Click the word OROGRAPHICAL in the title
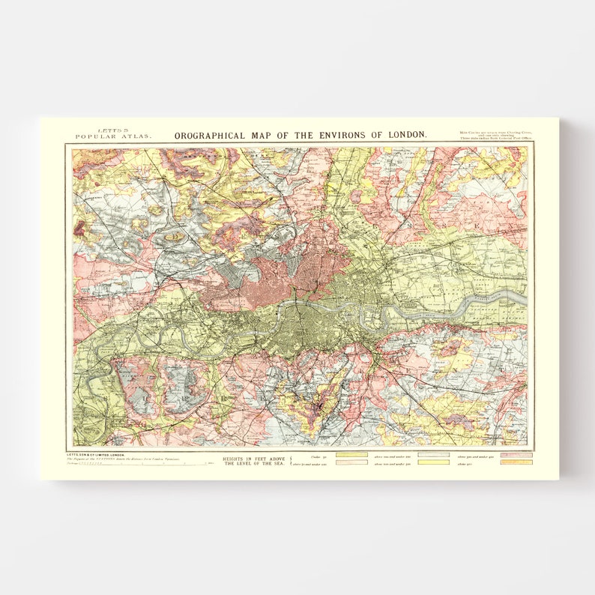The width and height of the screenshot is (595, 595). click(x=210, y=136)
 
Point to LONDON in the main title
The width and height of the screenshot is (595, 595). click(x=408, y=136)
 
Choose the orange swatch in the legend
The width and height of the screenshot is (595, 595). click(x=516, y=462)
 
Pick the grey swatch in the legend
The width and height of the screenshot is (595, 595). click(x=434, y=455)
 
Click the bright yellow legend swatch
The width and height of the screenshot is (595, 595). click(x=434, y=462)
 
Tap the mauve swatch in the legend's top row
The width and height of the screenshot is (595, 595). click(x=516, y=455)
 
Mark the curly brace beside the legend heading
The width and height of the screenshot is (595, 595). click(x=292, y=461)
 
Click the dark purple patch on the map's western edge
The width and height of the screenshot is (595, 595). click(x=78, y=229)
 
